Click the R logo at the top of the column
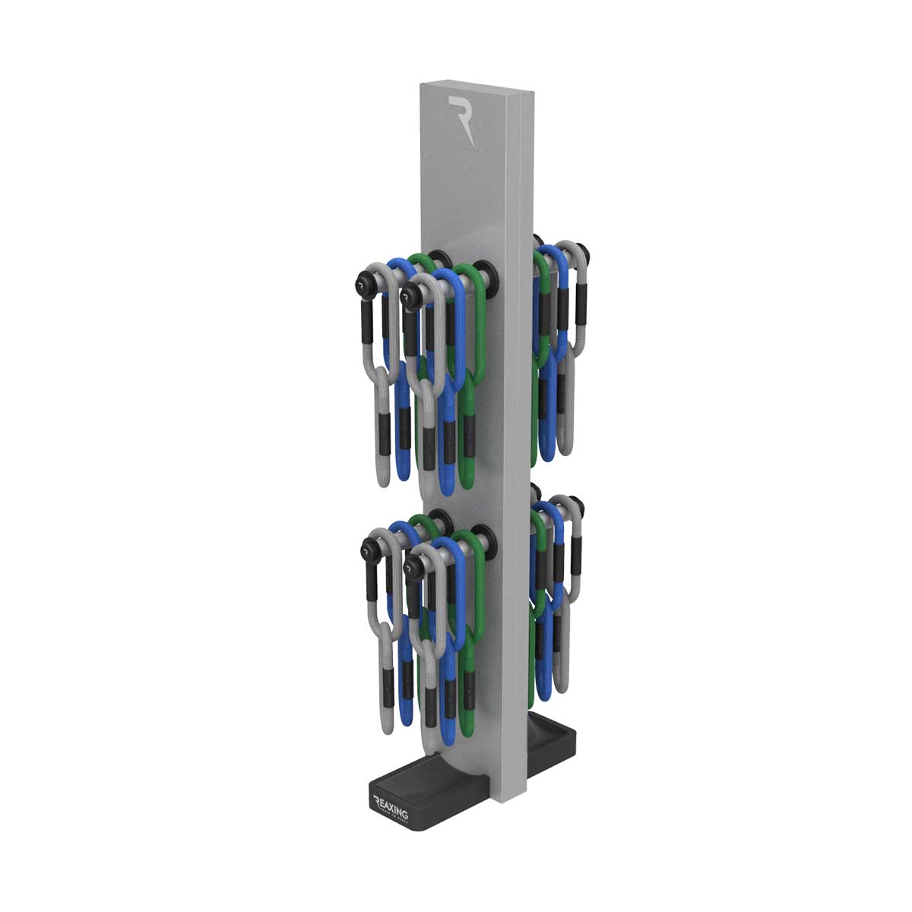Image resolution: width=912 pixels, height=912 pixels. (462, 119)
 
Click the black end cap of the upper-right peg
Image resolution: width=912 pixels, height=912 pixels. (583, 252)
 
